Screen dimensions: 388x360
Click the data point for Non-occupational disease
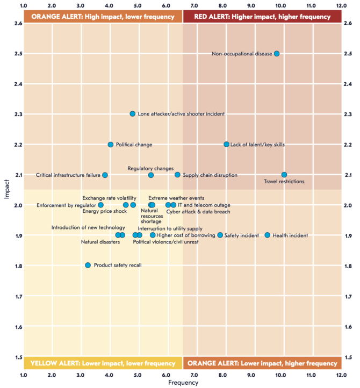click(x=277, y=54)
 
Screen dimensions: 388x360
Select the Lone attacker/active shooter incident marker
click(x=133, y=114)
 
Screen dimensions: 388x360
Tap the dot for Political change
click(x=111, y=145)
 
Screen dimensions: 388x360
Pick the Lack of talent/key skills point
click(x=227, y=145)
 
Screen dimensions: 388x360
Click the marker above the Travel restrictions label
click(x=284, y=175)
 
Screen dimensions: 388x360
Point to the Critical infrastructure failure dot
click(x=105, y=175)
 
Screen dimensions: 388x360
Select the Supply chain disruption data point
click(x=178, y=175)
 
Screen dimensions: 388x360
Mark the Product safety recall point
click(x=88, y=265)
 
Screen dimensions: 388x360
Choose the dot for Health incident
click(x=268, y=235)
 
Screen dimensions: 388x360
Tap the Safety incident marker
click(x=220, y=235)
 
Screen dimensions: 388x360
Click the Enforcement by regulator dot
click(x=101, y=205)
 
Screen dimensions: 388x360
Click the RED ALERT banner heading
click(x=262, y=17)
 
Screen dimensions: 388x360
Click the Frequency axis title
click(x=183, y=383)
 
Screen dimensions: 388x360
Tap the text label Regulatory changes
click(x=150, y=169)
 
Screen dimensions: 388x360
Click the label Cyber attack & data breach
click(x=198, y=212)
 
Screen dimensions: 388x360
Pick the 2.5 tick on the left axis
click(x=18, y=54)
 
